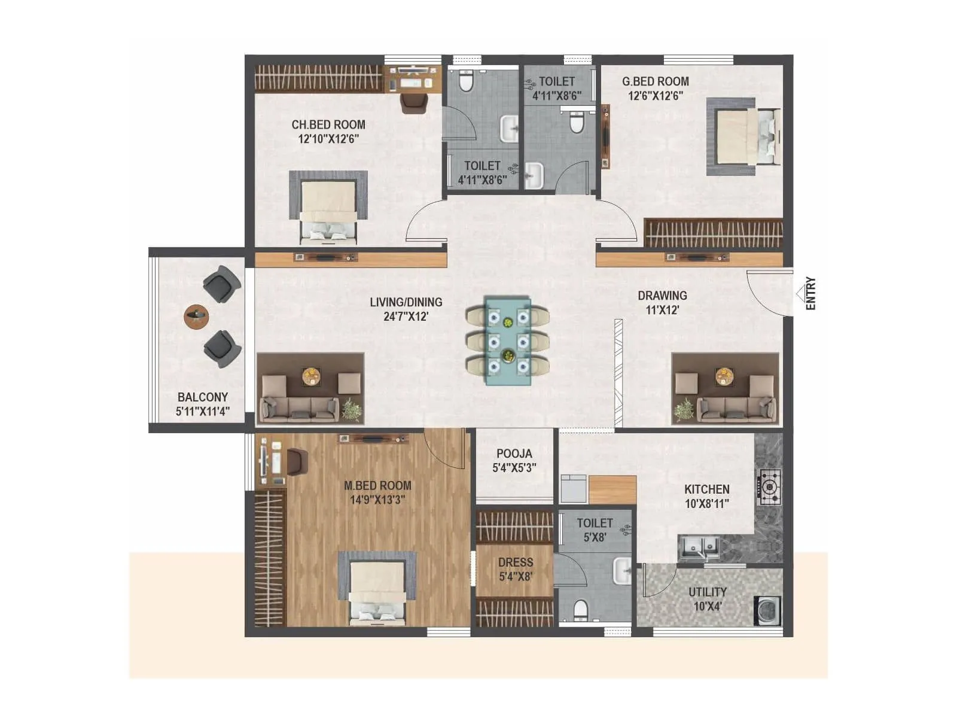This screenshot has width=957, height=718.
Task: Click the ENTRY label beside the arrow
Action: coord(810,293)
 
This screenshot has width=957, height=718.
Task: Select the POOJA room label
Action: coord(514,454)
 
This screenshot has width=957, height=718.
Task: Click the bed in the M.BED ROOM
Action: coord(377,589)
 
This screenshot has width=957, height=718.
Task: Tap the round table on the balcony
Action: coord(197,315)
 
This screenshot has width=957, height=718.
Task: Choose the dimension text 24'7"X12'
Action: coord(406,317)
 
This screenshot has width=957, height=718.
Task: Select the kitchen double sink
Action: coord(700,546)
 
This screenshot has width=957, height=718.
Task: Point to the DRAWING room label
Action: coord(662,296)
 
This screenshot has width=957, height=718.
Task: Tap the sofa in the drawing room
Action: coord(736,409)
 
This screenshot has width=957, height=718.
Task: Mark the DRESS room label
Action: coord(515,562)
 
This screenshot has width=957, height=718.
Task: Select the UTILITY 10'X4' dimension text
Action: coord(708,606)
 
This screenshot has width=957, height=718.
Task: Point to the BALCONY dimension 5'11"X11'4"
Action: coord(203,412)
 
